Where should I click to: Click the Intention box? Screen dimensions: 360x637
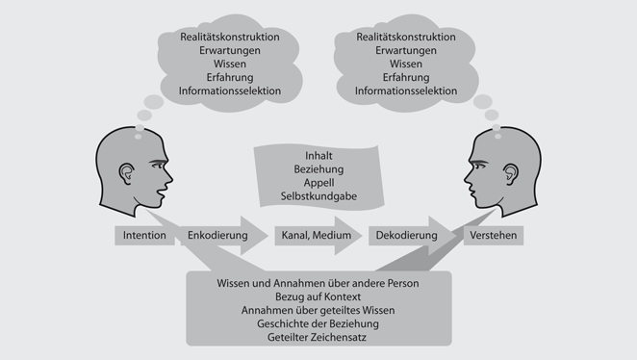(x=145, y=235)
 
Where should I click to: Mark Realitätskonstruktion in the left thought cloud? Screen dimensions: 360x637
(x=230, y=37)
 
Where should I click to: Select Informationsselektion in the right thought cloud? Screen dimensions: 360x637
(x=406, y=91)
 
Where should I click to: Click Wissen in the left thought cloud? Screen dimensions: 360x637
(x=230, y=64)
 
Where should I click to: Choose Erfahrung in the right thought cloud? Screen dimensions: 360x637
(x=406, y=77)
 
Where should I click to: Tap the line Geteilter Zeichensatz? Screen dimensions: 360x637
(x=318, y=338)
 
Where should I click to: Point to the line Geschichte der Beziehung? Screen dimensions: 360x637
(x=318, y=323)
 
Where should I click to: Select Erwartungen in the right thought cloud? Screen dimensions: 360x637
(x=406, y=50)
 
